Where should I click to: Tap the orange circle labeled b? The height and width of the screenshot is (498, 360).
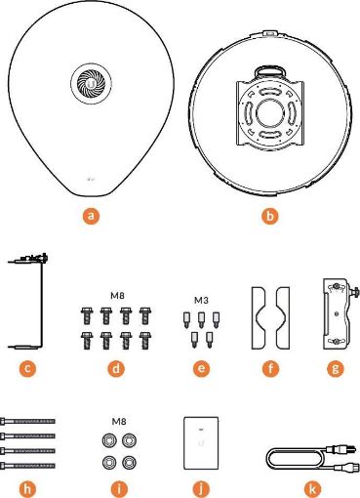[269, 212]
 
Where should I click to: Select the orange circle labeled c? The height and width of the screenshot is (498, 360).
[29, 370]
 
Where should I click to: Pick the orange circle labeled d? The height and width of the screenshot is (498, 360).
[116, 370]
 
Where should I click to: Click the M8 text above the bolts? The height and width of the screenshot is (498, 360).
[116, 296]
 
